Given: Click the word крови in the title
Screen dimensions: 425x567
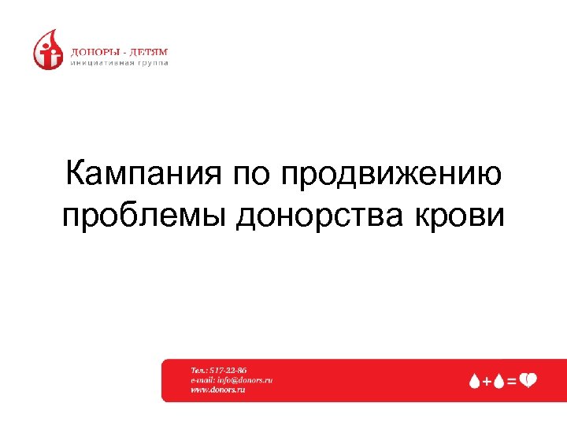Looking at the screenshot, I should tap(465, 214).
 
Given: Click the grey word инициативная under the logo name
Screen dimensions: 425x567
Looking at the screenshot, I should tap(102, 64).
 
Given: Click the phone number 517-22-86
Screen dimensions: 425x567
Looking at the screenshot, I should tap(228, 369).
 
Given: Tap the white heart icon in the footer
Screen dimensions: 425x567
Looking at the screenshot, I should tap(528, 380).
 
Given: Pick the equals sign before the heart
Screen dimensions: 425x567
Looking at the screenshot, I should tap(512, 381).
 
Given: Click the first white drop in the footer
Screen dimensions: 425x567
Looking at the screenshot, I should tap(475, 381).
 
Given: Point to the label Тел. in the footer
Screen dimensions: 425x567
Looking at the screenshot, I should tap(198, 369).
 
